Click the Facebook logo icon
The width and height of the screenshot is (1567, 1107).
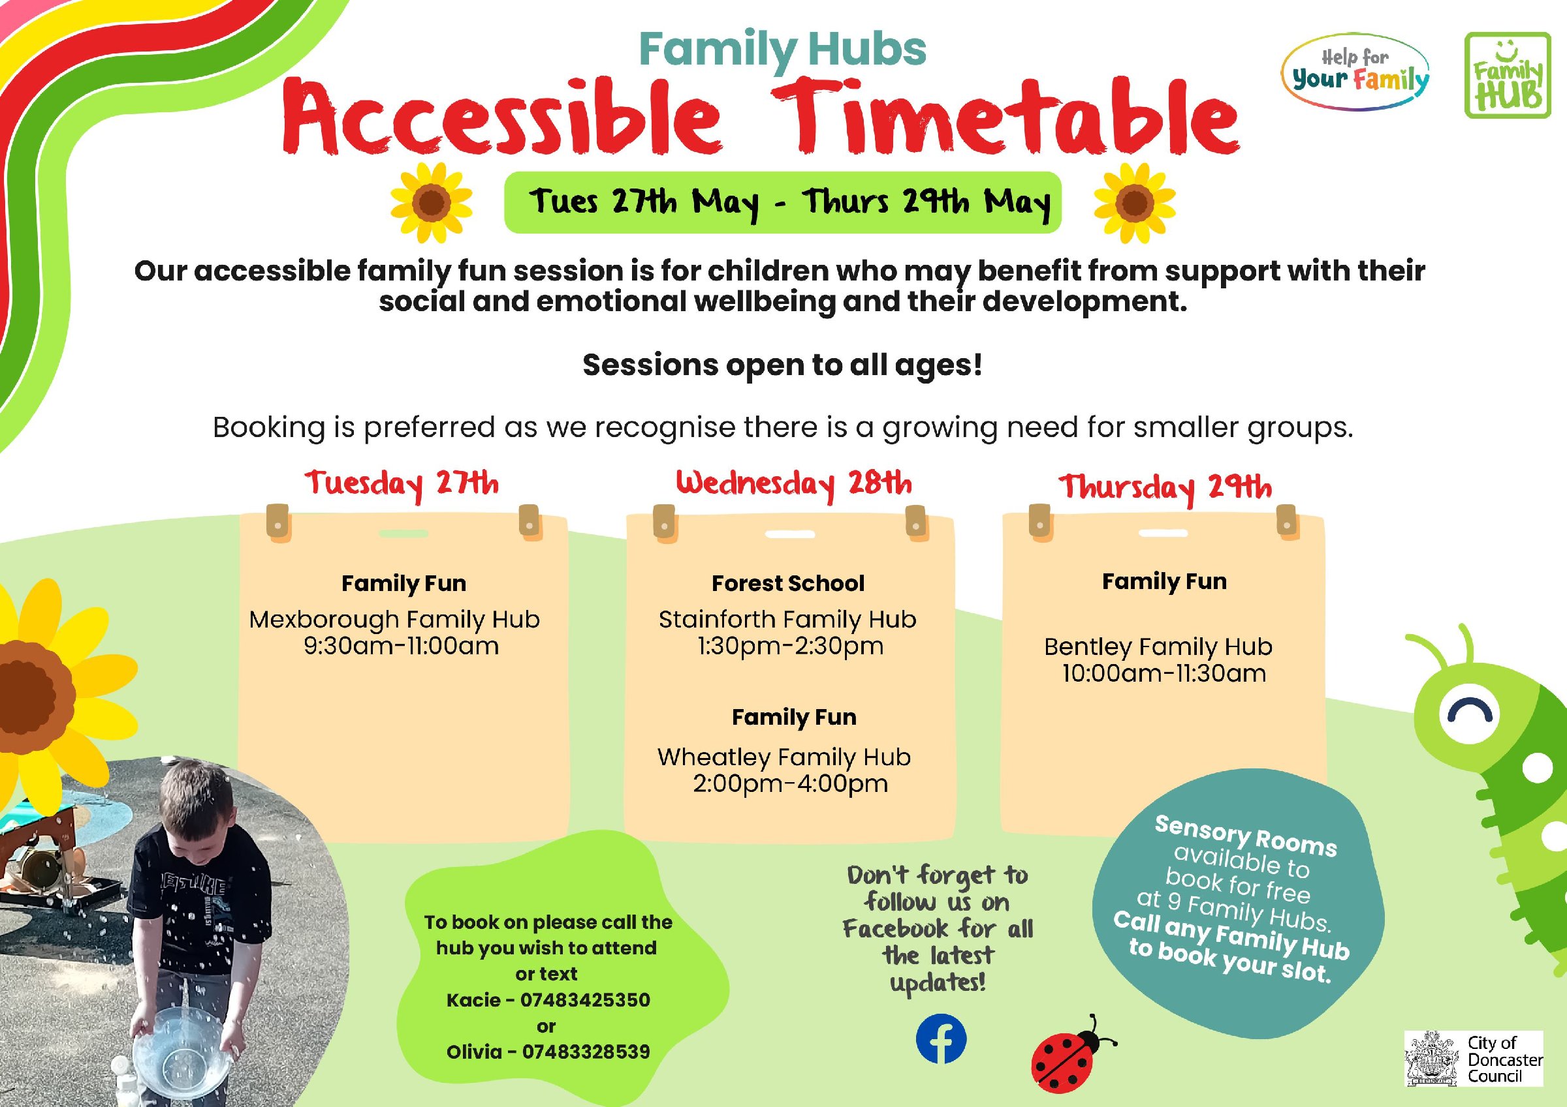coord(940,1039)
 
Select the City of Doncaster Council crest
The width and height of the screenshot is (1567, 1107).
coord(1432,1059)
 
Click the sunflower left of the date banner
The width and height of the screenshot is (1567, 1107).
coord(432,202)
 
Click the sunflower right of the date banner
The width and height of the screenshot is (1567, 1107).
coord(1134,202)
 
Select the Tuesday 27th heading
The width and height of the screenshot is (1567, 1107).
coord(402,485)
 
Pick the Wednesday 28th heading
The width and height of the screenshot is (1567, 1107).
coord(794,484)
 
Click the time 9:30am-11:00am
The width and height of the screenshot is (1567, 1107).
coord(402,646)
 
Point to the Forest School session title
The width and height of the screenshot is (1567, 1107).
coord(788,583)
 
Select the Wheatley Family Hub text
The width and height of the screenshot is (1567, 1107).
coord(784,757)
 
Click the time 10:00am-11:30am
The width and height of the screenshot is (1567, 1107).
coord(1164,674)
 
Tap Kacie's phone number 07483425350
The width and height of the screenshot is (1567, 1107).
coord(585,1000)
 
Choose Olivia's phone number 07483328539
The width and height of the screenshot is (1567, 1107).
coord(586,1052)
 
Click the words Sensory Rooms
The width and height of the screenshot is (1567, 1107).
coord(1246,836)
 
